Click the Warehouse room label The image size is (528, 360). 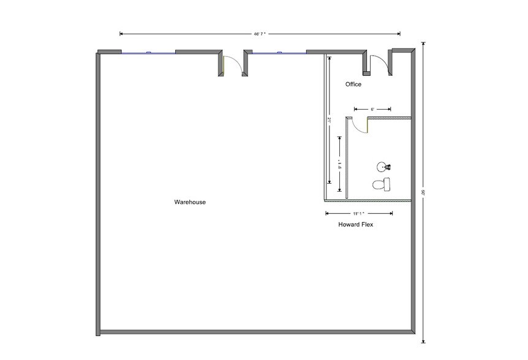[189, 201]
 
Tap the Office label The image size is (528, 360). [353, 84]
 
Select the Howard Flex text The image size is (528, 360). [356, 225]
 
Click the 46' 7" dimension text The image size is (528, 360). [260, 34]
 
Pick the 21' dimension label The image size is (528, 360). [329, 121]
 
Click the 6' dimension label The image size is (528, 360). [372, 109]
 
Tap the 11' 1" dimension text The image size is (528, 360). [358, 213]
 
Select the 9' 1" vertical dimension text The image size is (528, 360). [339, 163]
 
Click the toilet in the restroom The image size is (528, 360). [382, 184]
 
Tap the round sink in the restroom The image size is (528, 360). [382, 167]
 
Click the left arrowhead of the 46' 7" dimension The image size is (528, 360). [121, 34]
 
